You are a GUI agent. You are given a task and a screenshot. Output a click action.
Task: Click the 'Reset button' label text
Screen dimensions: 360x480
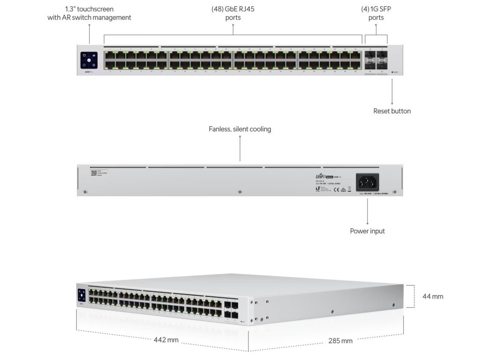(392, 111)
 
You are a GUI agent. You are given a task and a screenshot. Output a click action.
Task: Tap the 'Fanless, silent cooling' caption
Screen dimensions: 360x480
(240, 129)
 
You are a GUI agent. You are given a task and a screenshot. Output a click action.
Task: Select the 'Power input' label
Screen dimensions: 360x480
(367, 231)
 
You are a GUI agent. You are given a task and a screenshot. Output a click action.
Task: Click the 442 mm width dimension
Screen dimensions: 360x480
(166, 340)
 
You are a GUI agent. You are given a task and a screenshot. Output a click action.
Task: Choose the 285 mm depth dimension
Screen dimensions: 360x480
(340, 341)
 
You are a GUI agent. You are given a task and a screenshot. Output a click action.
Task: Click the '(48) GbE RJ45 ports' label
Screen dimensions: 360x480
(233, 13)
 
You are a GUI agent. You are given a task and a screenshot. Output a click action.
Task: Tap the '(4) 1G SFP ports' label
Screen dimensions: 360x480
(376, 13)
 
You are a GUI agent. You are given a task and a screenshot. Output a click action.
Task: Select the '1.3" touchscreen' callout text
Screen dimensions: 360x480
(89, 13)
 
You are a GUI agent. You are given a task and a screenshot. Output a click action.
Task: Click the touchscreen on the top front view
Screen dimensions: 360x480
(89, 61)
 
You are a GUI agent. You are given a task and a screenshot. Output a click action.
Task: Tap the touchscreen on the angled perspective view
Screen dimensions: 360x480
(82, 295)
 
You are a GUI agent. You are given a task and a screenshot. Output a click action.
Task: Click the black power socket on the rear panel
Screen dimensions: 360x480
(368, 181)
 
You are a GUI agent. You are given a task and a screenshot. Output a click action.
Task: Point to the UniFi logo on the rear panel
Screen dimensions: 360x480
(323, 176)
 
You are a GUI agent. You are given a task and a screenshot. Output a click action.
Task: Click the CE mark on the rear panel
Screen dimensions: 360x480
(336, 190)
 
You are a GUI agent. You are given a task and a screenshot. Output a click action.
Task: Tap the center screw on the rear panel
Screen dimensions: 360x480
(240, 191)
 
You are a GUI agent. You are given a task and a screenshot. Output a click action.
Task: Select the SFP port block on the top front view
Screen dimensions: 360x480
(376, 61)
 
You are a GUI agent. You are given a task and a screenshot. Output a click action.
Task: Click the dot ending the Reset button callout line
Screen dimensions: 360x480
(392, 102)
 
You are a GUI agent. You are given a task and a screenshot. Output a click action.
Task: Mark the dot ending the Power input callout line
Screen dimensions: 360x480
(367, 223)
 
